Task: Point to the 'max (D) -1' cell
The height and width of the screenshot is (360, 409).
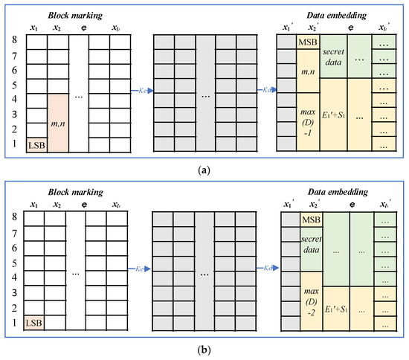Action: [x=308, y=120]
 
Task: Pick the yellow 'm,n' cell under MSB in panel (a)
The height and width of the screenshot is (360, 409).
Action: [x=308, y=71]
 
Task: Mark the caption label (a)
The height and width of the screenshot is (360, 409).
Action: [x=204, y=168]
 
